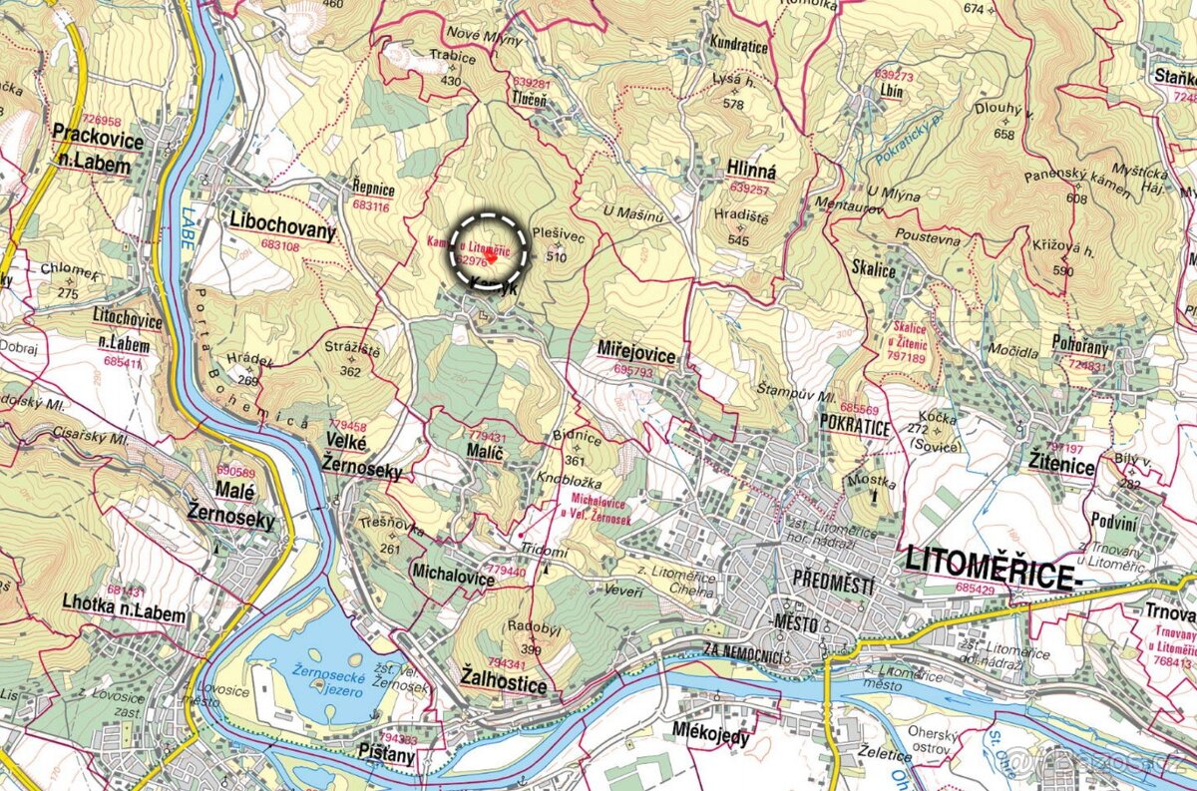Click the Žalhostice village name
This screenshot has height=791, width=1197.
click(504, 685)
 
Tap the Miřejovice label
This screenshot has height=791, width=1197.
click(636, 356)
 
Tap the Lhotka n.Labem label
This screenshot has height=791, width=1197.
click(124, 614)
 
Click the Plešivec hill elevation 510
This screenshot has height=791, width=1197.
click(557, 256)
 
